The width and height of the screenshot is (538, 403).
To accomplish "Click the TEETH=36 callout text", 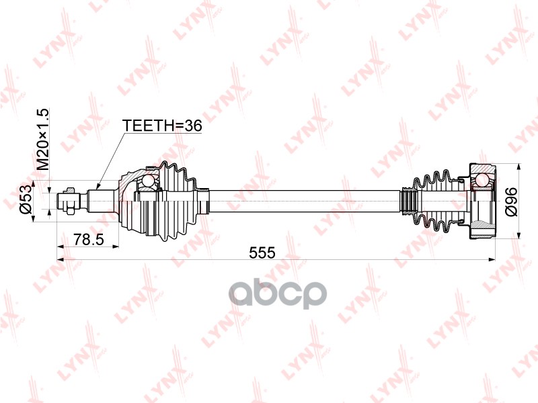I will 161,125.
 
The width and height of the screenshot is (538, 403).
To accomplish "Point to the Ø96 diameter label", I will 511,201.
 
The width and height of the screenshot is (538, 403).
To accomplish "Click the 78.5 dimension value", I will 88,238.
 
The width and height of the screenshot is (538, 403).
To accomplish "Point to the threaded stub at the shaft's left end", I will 69,199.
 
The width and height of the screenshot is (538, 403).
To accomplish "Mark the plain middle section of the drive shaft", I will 303,199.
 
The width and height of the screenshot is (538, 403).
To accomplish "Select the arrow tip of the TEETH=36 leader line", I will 98,187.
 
